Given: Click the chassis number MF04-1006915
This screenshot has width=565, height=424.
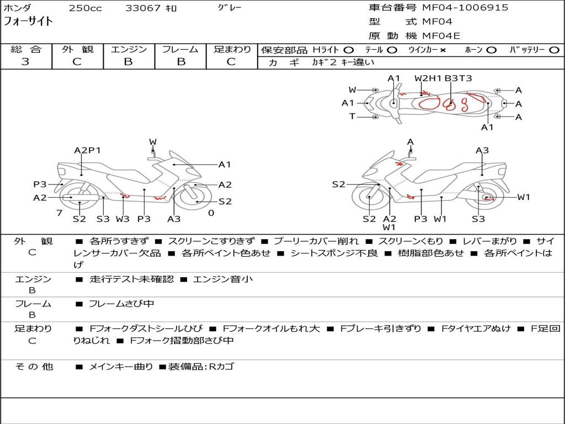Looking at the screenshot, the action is coord(465,8).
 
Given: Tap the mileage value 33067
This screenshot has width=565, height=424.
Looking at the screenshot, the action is coord(143,8).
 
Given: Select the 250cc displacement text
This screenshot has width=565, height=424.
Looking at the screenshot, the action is coord(85,8).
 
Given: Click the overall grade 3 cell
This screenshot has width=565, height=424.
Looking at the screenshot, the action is coord(25,61).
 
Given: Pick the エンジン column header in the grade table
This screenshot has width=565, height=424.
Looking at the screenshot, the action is coord(129,49).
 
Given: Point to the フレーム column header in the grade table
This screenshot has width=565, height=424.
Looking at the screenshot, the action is coord(180,49).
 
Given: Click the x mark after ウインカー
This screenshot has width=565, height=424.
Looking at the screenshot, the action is coord(443,50).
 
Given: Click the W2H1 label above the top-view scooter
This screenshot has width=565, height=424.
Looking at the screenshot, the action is coord(428,78).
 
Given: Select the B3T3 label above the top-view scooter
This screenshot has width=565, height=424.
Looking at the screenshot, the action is coord(458,78).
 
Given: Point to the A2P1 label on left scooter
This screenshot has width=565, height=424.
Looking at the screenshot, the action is coord(87,150).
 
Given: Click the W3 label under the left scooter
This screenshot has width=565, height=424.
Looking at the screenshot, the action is coord(122,219).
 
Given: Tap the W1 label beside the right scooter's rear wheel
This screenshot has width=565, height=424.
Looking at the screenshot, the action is coord(523,197).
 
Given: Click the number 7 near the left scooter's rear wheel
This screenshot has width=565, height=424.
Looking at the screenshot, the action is coord(59,213).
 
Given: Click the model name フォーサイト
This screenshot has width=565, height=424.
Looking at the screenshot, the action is coord(29,22).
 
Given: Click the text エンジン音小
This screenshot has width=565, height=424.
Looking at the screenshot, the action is coord(223,279).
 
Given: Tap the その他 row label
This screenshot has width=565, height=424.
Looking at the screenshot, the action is coord(34,367).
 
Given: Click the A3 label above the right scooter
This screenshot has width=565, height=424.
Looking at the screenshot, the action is coord(482,150).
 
